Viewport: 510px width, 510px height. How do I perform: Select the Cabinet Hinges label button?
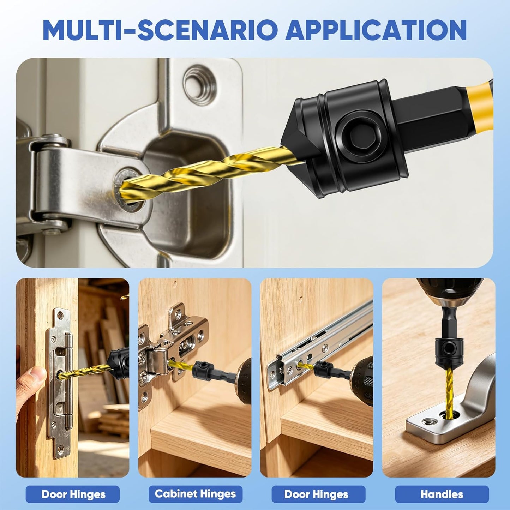tap(195, 494)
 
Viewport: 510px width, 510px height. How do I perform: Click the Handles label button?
tap(442, 494)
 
